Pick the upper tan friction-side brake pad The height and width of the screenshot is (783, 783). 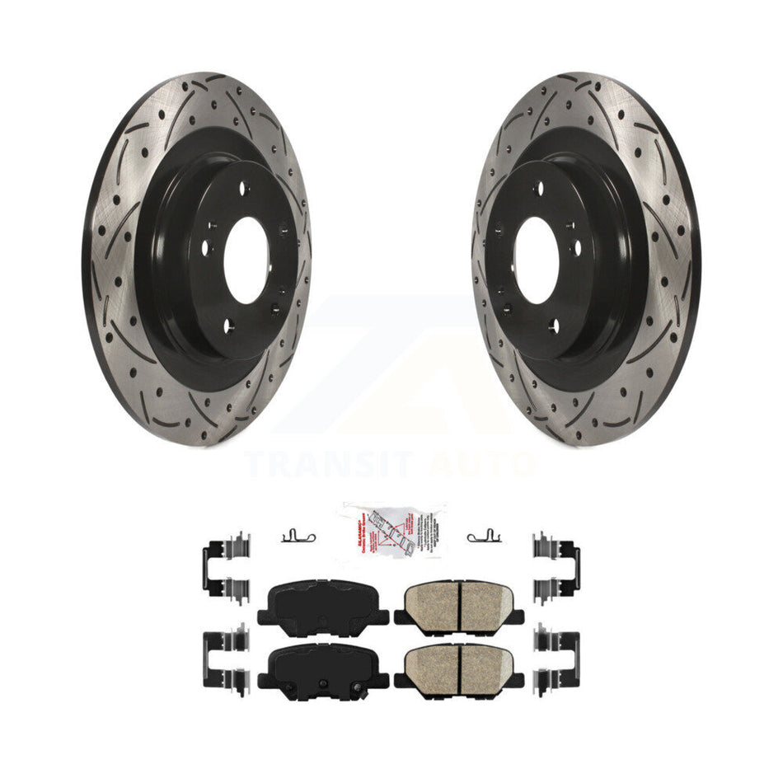click(x=459, y=607)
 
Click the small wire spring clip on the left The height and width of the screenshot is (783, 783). click(x=298, y=537)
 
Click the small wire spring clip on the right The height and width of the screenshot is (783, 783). click(x=485, y=537)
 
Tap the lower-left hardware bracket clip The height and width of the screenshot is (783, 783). click(x=223, y=659)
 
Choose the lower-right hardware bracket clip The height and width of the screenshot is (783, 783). click(x=556, y=659)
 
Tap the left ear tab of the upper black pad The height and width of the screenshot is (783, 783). click(x=265, y=617)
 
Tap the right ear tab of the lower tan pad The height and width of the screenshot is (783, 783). click(x=516, y=681)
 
